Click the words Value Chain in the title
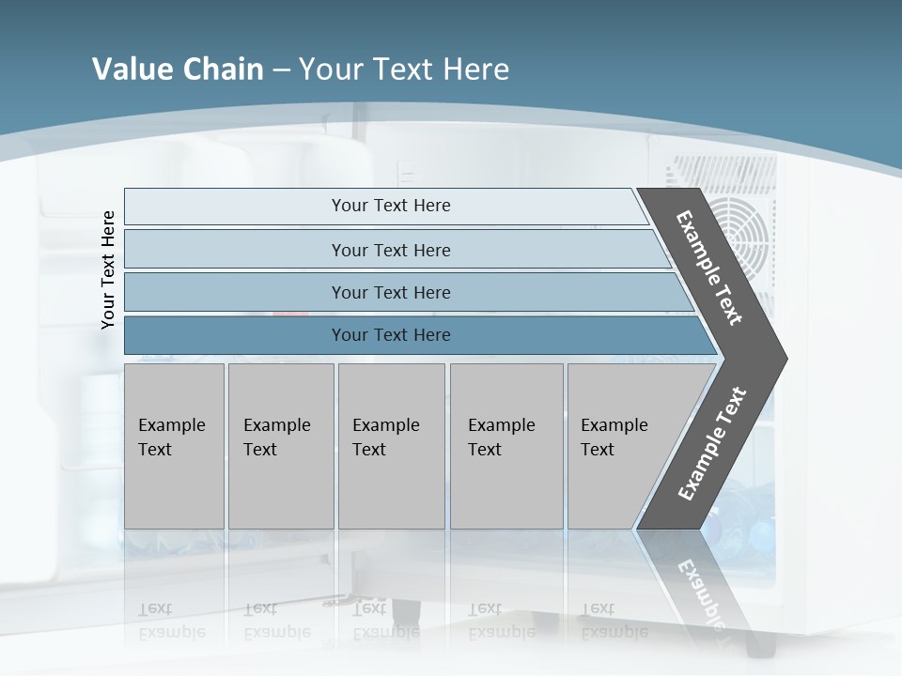pyautogui.click(x=178, y=69)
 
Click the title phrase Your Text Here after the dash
pyautogui.click(x=404, y=69)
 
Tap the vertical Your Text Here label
pyautogui.click(x=109, y=269)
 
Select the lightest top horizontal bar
pyautogui.click(x=390, y=206)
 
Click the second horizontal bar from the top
pyautogui.click(x=390, y=250)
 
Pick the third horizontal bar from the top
pyautogui.click(x=390, y=292)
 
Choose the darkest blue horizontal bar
pyautogui.click(x=390, y=335)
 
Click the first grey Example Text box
pyautogui.click(x=174, y=446)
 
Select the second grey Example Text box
pyautogui.click(x=280, y=446)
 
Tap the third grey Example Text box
pyautogui.click(x=390, y=446)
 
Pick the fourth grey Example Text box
pyautogui.click(x=505, y=446)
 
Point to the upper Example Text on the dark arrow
pyautogui.click(x=710, y=268)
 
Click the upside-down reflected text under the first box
pyautogui.click(x=171, y=621)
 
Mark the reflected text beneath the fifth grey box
pyautogui.click(x=614, y=621)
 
